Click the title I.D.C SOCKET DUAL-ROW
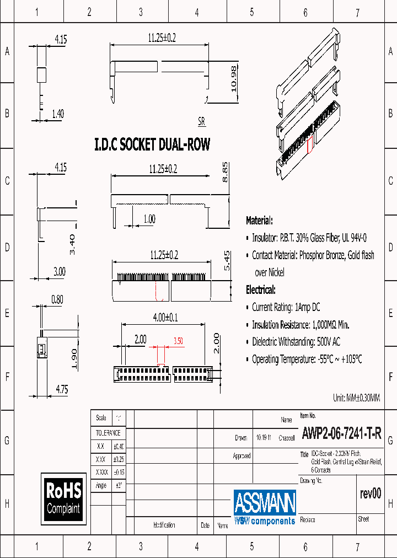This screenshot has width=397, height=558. tap(152, 144)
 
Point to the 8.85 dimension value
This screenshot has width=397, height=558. tap(225, 172)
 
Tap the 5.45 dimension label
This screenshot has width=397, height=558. tap(226, 260)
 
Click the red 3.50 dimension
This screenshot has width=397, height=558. tap(178, 341)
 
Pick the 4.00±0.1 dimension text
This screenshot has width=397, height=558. tap(167, 318)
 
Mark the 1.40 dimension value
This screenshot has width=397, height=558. tap(57, 114)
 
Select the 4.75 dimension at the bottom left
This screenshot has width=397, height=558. tap(61, 389)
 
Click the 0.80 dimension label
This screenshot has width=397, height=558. tap(57, 300)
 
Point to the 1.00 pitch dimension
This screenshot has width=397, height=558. tap(149, 219)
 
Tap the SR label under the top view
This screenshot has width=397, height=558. tap(202, 121)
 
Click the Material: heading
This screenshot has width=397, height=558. tap(259, 221)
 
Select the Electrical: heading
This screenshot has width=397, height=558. tap(260, 289)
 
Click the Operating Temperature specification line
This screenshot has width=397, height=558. tap(307, 359)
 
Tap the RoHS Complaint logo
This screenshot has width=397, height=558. tap(63, 498)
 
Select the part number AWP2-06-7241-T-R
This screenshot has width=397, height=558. tap(341, 433)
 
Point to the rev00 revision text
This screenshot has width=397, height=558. tap(369, 493)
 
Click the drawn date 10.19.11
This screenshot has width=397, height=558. tap(262, 438)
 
